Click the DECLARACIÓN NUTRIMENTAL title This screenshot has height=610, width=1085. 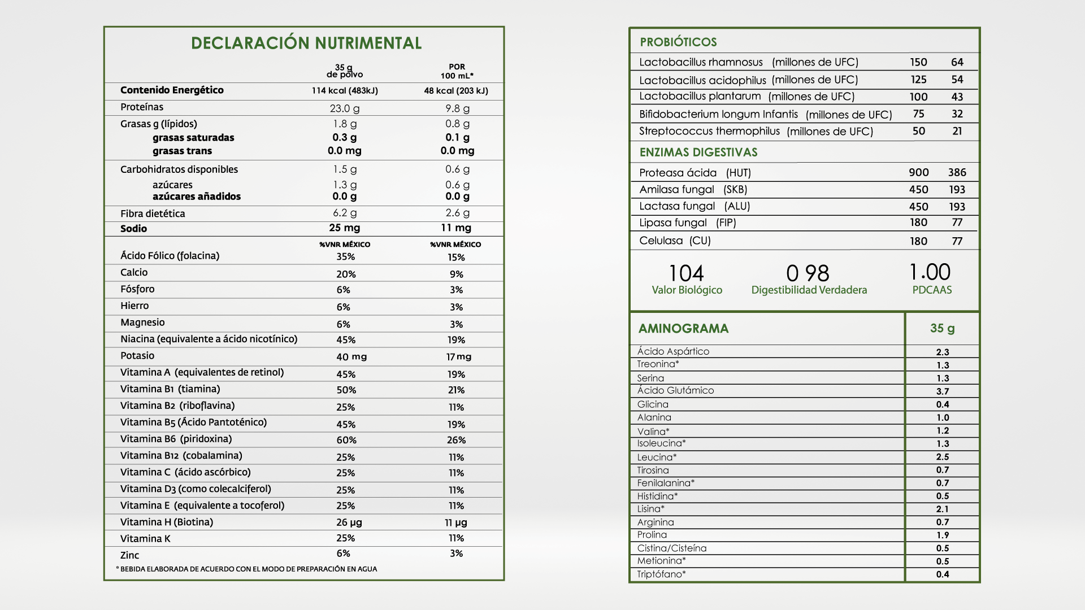[306, 43]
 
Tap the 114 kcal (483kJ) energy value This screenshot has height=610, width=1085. [345, 91]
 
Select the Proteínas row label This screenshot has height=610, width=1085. [142, 107]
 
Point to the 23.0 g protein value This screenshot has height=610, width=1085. [345, 108]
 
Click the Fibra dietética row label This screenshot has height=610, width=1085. [153, 213]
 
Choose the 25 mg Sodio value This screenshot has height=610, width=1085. [345, 228]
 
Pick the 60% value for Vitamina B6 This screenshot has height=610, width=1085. [346, 440]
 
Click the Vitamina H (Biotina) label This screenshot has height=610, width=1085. [167, 522]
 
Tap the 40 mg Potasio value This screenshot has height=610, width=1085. [351, 357]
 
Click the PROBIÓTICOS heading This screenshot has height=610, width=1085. [678, 42]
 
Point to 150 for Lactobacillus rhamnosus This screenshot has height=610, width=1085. [918, 62]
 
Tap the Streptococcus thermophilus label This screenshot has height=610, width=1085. [709, 132]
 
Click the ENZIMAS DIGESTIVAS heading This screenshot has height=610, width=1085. [698, 152]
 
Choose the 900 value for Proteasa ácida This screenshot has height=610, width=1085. [919, 173]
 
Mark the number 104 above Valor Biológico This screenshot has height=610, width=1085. [687, 274]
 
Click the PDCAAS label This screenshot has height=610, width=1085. [932, 290]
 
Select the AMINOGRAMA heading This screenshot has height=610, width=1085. [683, 329]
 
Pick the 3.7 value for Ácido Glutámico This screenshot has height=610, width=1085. [943, 391]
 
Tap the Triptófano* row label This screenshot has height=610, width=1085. [661, 574]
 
